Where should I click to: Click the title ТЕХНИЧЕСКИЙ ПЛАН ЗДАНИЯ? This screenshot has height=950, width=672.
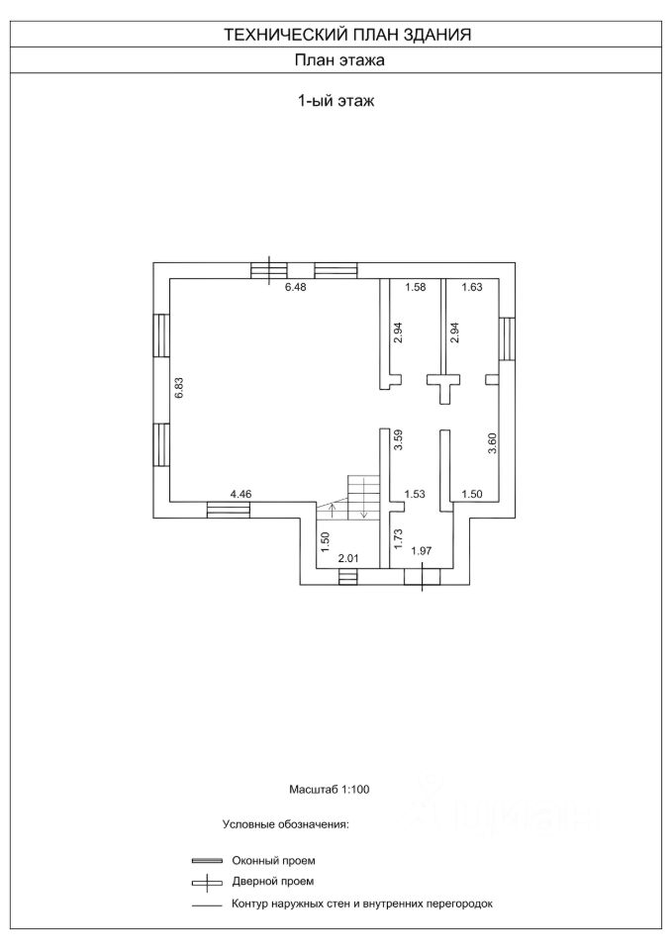coord(346,34)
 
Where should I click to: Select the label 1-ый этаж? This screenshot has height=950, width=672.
coord(335,100)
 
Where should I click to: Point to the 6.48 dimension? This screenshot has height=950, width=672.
coord(296,288)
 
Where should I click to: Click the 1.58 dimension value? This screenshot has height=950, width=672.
coord(415,288)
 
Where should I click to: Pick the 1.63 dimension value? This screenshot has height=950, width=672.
coord(471,288)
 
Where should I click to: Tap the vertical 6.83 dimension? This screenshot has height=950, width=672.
coord(179,388)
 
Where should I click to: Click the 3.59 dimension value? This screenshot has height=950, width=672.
coord(397,439)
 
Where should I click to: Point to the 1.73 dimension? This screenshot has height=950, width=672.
coord(397,539)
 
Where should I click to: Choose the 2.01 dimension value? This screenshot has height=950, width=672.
coord(348,559)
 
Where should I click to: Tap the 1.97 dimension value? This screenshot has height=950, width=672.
coord(422,551)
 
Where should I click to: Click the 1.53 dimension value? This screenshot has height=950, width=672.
coord(413,493)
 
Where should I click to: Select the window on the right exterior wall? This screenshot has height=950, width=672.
coord(507,338)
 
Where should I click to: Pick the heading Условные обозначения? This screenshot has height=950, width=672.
coord(285,823)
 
